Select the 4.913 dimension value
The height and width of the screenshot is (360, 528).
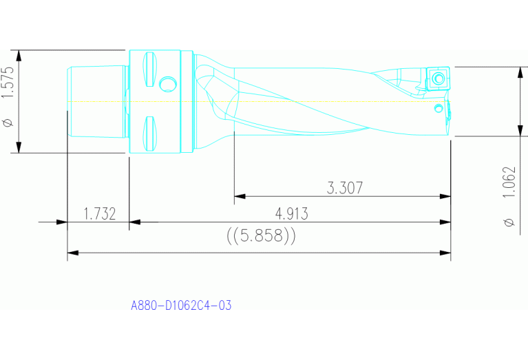(291, 213)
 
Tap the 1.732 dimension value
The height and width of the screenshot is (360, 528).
(99, 213)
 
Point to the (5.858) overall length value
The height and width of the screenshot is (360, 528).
(261, 236)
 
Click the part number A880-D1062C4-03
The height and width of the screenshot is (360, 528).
(181, 305)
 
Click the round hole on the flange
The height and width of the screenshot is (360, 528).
(167, 84)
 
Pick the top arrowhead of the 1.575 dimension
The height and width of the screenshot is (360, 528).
(20, 55)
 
